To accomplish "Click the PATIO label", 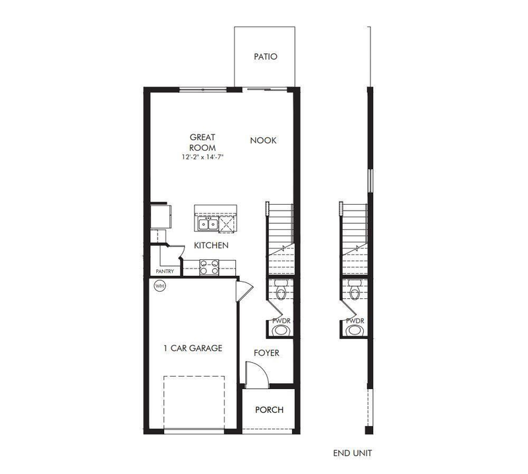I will (266, 57).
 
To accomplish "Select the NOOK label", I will (263, 140).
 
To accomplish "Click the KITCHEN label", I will (211, 246).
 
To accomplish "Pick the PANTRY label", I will (164, 271).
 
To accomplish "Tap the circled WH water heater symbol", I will (160, 286).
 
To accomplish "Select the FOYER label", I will (266, 353).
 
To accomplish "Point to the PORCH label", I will (268, 410).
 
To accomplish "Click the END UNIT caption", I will (355, 453).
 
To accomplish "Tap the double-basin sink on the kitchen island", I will (208, 225).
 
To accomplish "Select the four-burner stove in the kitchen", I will (210, 266).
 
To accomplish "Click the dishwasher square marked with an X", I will (227, 224).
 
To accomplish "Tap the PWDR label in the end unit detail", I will (355, 321).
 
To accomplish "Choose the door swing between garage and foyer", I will (243, 290).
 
